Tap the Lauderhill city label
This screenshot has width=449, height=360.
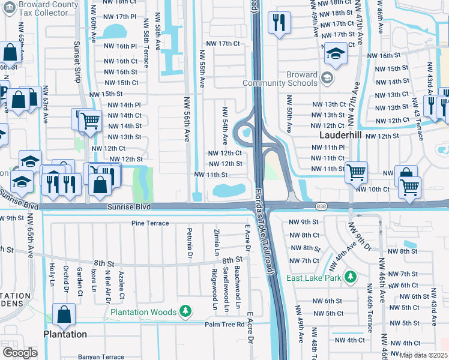point(339,136)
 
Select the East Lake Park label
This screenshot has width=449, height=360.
point(315,278)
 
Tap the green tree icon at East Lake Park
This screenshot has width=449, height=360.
point(349,278)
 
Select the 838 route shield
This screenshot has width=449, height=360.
point(321,206)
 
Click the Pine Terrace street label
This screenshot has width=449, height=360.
point(150,223)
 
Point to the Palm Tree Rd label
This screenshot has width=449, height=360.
point(224,325)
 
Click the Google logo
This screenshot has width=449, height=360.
point(20,352)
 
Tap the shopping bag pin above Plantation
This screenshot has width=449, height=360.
point(64,314)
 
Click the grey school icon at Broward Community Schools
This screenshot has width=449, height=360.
point(327,77)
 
